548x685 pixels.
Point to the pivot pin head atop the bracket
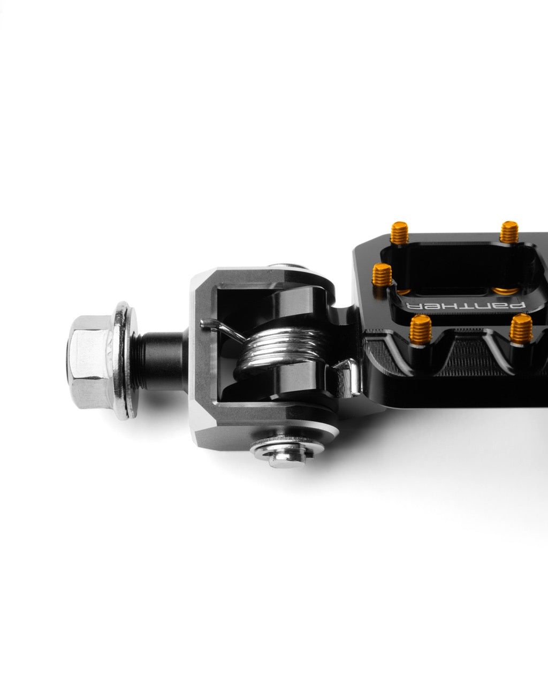tap(287, 266)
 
